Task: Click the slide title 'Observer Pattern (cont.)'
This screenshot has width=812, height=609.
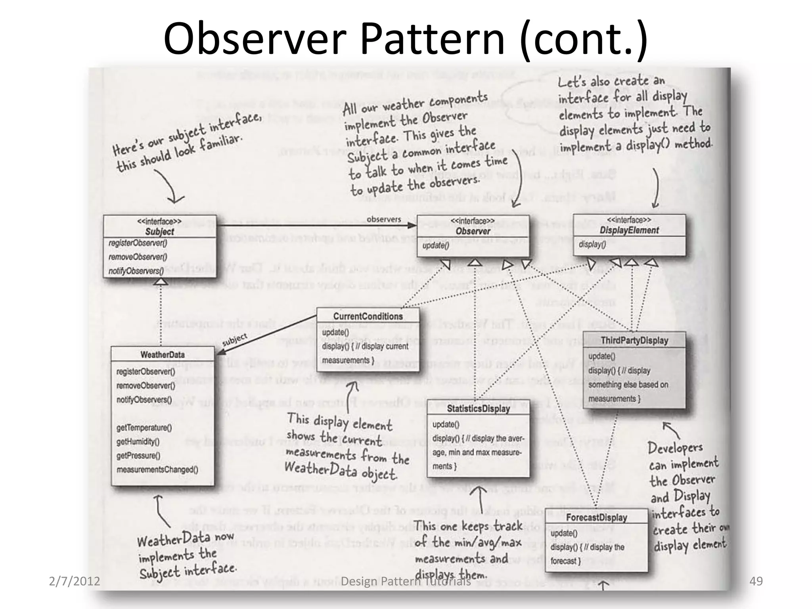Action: click(405, 39)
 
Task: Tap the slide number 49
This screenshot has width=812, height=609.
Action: click(756, 581)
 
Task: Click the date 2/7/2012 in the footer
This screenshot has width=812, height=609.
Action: click(74, 581)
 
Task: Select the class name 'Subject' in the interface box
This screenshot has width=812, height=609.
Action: click(159, 232)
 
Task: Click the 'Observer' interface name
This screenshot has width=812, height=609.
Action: click(473, 231)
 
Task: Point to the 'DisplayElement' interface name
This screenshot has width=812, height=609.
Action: click(629, 230)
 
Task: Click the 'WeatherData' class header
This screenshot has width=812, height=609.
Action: click(162, 354)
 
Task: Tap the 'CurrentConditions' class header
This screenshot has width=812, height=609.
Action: click(368, 316)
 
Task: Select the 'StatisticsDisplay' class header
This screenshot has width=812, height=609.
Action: click(478, 409)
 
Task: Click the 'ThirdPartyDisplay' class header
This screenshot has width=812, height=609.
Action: click(634, 341)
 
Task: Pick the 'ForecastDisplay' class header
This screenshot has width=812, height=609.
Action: click(596, 517)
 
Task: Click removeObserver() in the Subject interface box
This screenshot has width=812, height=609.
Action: click(138, 257)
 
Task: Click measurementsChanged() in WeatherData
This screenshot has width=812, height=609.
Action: click(157, 470)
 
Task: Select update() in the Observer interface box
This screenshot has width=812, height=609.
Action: click(435, 245)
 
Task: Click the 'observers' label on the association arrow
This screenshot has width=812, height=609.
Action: click(383, 219)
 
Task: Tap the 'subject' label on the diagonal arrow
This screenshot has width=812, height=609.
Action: click(235, 340)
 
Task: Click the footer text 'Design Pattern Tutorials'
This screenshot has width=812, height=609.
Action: click(406, 581)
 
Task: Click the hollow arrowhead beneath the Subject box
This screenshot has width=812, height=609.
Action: click(160, 281)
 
